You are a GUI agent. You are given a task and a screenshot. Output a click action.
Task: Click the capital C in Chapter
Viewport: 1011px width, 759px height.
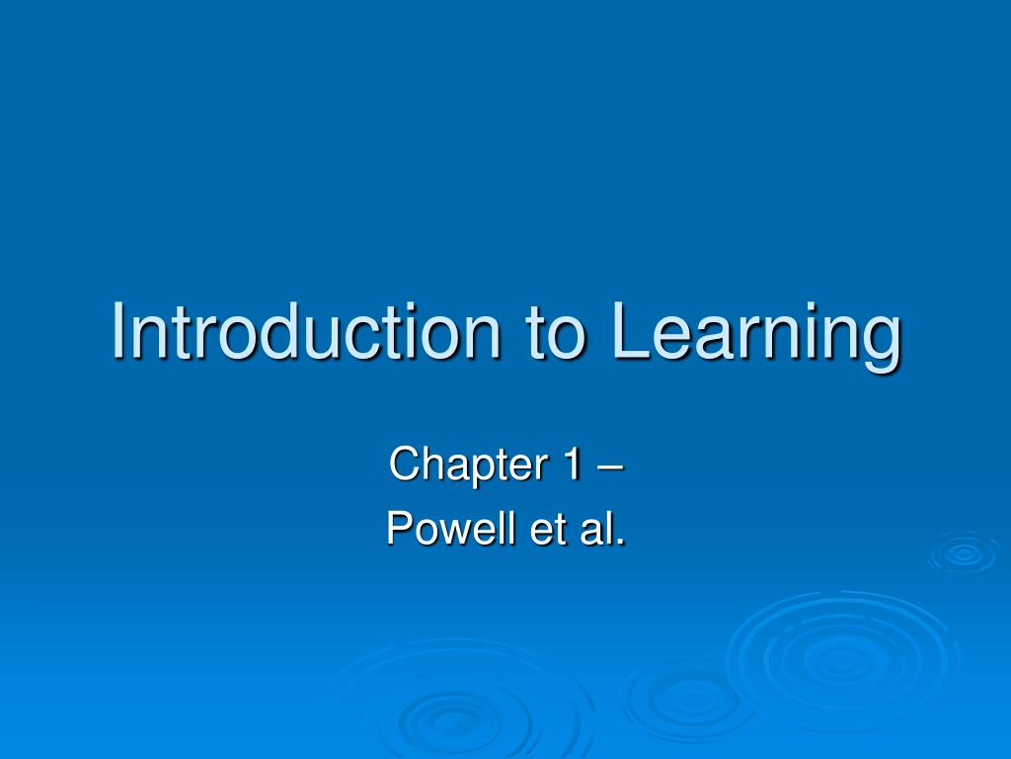point(403,464)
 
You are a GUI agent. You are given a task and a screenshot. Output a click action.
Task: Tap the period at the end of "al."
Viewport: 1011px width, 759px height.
point(621,542)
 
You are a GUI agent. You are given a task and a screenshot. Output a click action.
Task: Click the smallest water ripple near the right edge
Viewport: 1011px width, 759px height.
point(963,552)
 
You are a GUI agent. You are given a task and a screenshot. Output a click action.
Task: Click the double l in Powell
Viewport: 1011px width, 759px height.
point(487,529)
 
